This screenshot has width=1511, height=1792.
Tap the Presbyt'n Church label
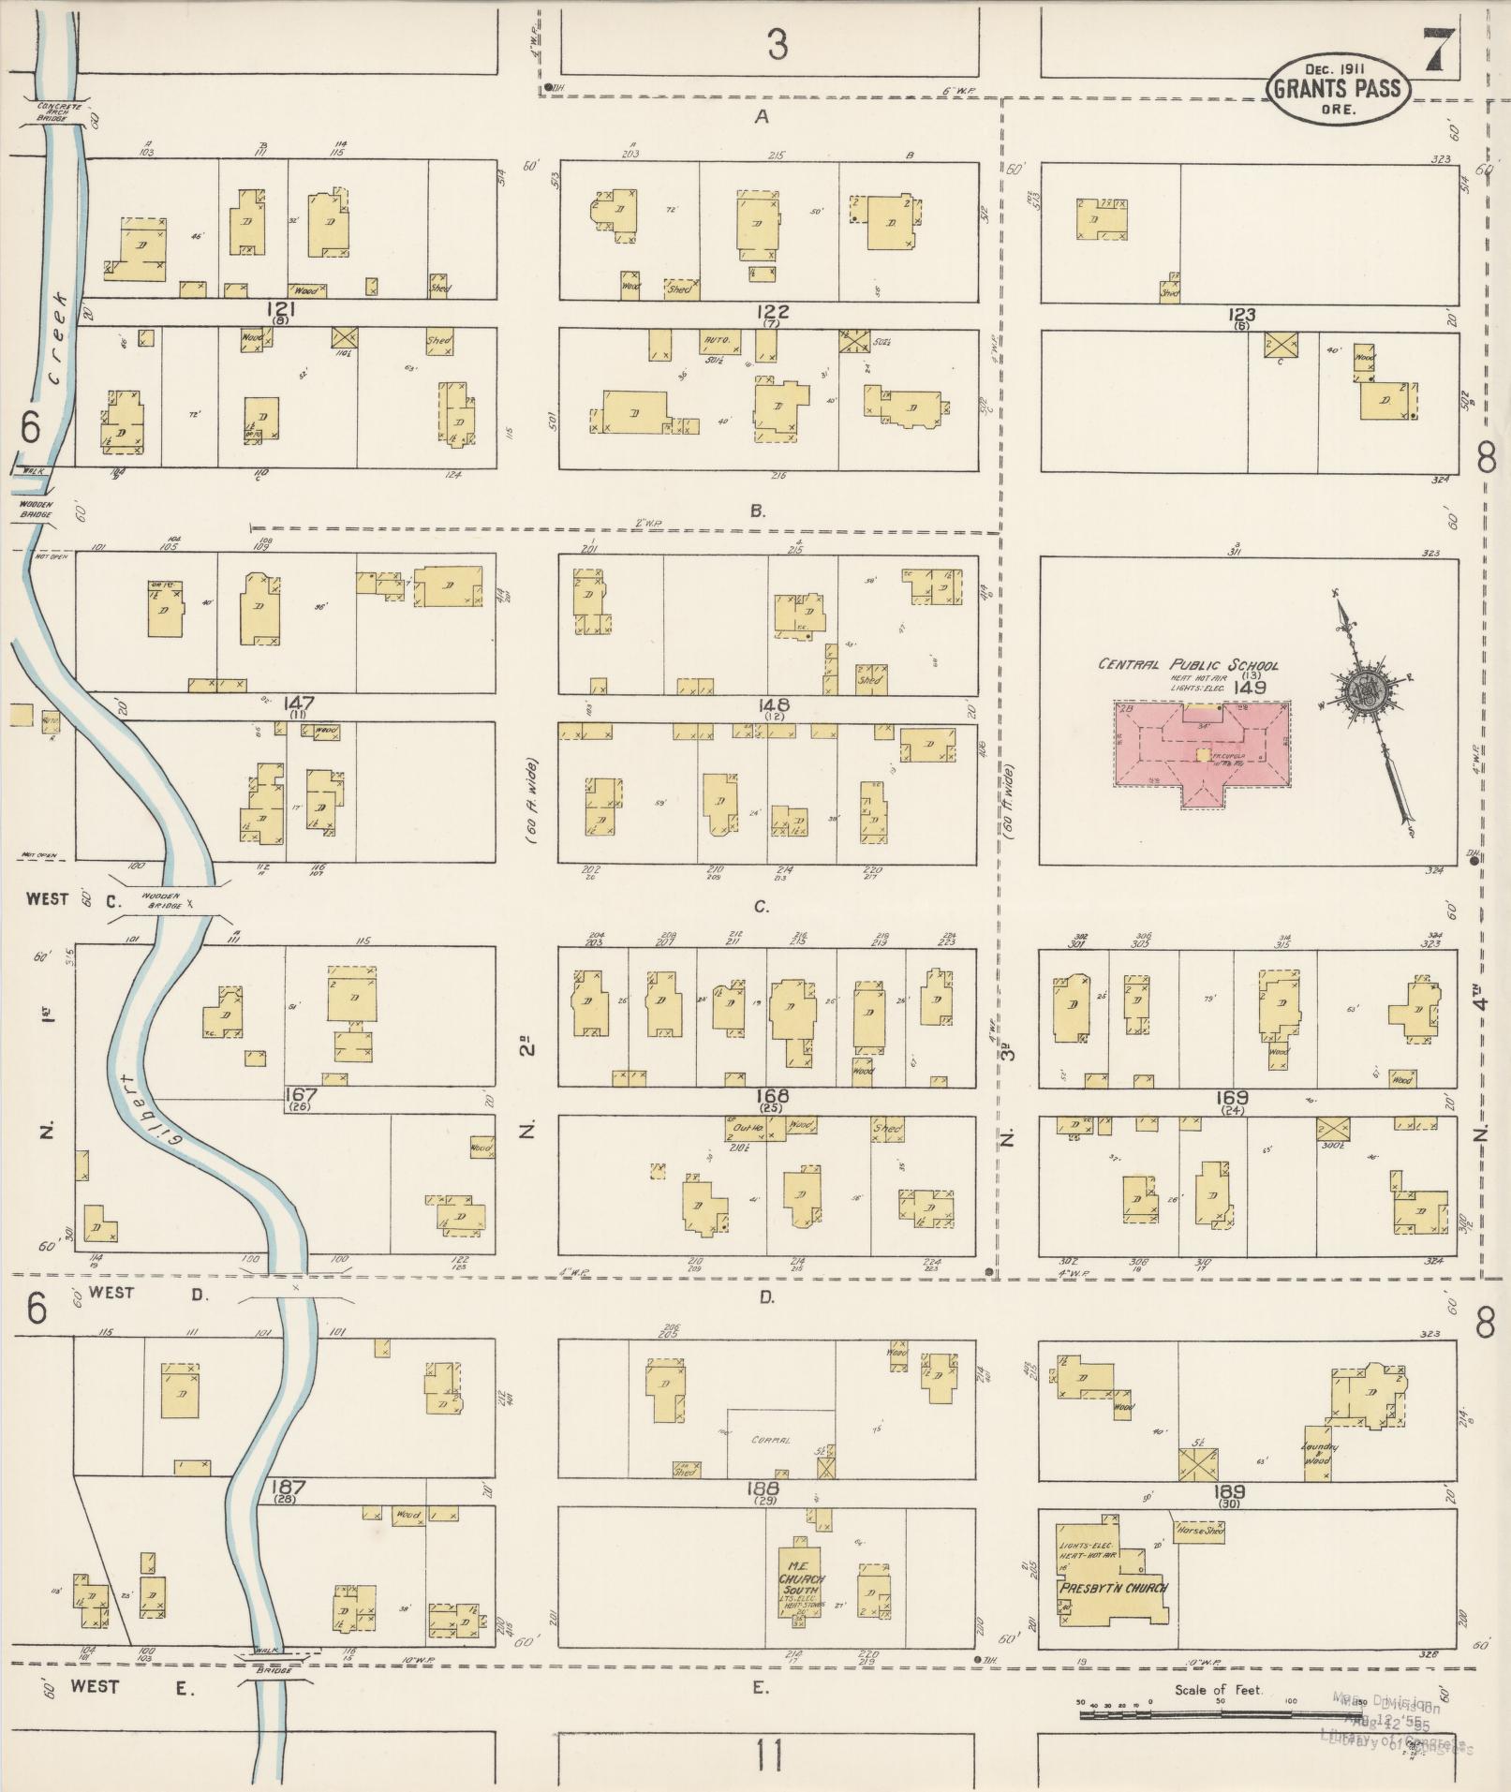pyautogui.click(x=1112, y=1588)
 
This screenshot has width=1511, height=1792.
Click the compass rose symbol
pyautogui.click(x=1357, y=689)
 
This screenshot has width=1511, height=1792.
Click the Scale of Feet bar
pyautogui.click(x=1218, y=1713)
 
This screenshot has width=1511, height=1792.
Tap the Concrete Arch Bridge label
pyautogui.click(x=60, y=111)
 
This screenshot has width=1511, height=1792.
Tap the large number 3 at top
pyautogui.click(x=777, y=45)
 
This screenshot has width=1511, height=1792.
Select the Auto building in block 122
pyautogui.click(x=719, y=344)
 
